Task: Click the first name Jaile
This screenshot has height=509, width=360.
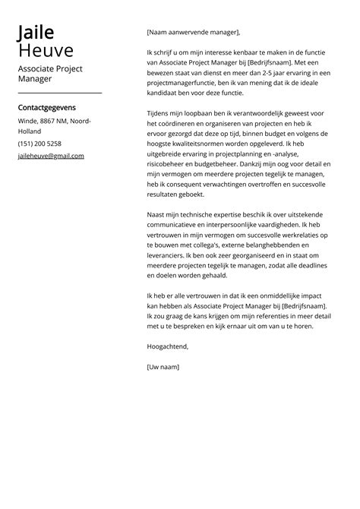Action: click(36, 32)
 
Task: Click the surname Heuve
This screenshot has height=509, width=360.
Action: click(46, 51)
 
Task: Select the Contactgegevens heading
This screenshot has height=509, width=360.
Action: click(46, 108)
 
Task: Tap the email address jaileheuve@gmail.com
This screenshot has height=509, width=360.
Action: click(51, 156)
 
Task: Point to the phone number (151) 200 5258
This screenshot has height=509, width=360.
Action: click(39, 144)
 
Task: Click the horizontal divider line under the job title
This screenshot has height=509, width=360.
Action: click(59, 93)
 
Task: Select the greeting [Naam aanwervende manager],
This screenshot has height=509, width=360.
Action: click(193, 33)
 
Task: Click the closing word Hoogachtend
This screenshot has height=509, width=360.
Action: click(167, 346)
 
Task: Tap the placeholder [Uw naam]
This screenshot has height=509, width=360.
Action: click(163, 367)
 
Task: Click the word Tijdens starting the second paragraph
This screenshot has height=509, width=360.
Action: click(160, 113)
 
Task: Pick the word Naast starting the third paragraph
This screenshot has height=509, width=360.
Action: click(157, 215)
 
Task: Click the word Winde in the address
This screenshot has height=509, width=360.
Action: click(27, 121)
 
